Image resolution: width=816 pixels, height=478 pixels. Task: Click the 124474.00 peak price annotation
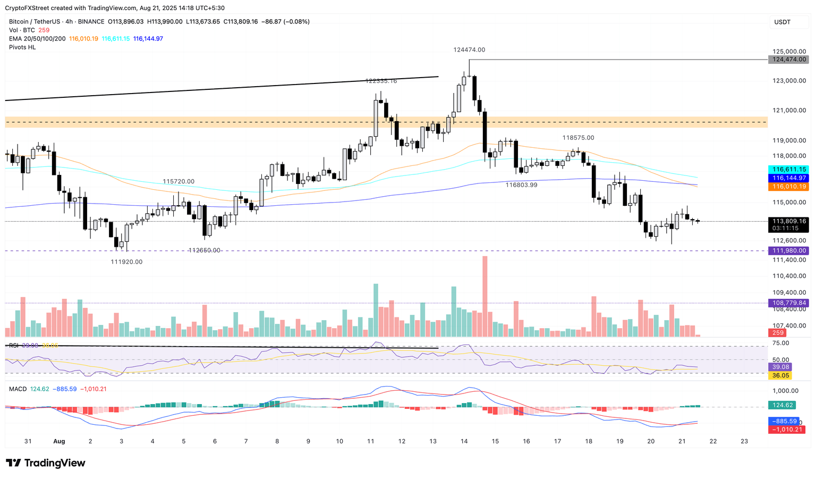coord(469,50)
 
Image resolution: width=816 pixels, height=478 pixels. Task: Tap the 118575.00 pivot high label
coord(579,138)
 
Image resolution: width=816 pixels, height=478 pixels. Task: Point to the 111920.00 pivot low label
coord(126,262)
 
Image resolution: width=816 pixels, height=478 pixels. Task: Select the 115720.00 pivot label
coord(178,181)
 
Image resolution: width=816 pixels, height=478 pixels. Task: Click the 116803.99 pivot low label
coord(521,185)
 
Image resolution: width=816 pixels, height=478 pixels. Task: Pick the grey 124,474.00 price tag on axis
coord(788,60)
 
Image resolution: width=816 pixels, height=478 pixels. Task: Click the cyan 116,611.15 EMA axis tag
coord(788,169)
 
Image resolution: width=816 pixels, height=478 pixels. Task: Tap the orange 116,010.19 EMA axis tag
coord(788,187)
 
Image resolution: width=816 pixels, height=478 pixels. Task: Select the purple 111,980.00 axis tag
coord(788,250)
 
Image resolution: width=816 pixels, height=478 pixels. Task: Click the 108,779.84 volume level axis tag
coord(788,303)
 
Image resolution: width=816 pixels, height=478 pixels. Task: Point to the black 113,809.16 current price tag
coord(788,221)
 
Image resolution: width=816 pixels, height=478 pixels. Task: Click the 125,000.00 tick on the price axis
coord(789,52)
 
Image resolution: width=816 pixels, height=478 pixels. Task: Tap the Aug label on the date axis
coord(59,441)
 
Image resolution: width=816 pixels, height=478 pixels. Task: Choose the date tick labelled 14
coord(464,441)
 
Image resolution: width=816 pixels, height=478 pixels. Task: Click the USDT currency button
coord(783,22)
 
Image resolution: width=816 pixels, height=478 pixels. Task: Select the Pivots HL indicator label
coord(22,47)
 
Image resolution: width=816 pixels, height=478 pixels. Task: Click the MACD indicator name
coord(18,389)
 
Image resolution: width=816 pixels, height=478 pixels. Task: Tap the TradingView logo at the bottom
coord(46,463)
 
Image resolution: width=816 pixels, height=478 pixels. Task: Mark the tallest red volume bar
coord(484,296)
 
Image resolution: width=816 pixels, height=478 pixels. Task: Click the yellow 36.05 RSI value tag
coord(780,375)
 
